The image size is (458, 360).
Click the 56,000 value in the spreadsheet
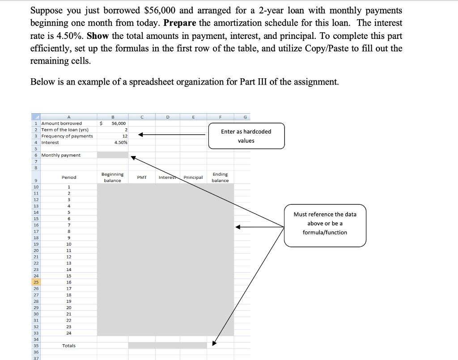[x=119, y=123]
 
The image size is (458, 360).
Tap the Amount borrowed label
[x=62, y=123]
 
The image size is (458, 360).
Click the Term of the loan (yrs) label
[x=65, y=130]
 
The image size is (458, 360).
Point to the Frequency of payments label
[x=67, y=136]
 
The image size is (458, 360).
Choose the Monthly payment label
[x=61, y=155]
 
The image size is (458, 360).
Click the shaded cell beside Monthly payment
[x=113, y=155]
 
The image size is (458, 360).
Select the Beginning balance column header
[x=113, y=177]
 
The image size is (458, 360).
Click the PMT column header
[x=142, y=178]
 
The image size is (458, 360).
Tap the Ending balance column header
[x=220, y=177]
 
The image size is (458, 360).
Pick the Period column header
[x=69, y=178]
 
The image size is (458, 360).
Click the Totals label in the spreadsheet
[x=69, y=346]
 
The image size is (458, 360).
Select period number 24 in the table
[x=69, y=333]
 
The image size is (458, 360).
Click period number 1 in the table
[x=69, y=187]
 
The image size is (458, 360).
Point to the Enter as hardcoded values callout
[x=246, y=136]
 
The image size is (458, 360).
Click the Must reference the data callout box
[x=325, y=223]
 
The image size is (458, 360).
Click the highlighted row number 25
[x=35, y=282]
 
